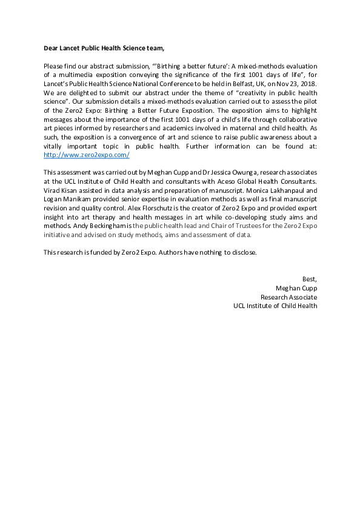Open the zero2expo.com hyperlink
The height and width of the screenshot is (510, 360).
point(87,155)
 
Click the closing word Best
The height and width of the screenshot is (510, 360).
point(309,278)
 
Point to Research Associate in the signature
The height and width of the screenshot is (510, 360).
point(288,297)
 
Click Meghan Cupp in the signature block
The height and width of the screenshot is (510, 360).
point(296,287)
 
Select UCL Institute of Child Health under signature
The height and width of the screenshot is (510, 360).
point(275,306)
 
